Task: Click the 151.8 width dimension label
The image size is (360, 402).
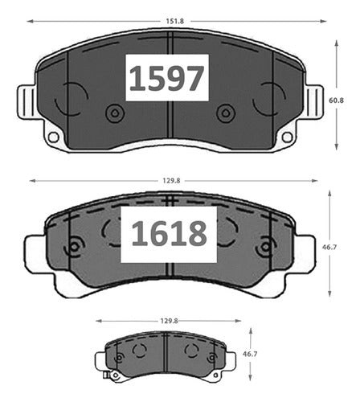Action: [x=175, y=21]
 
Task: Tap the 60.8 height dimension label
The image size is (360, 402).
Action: [x=336, y=100]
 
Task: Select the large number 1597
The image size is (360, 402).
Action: [x=166, y=78]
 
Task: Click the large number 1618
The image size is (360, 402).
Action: [x=169, y=234]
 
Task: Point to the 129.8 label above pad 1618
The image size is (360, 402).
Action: [x=172, y=181]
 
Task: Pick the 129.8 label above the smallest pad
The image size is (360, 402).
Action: [x=169, y=321]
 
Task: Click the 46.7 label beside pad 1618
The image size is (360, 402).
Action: [x=329, y=247]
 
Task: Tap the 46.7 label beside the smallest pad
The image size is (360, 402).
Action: [x=250, y=354]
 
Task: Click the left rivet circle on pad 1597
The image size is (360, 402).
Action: [x=115, y=113]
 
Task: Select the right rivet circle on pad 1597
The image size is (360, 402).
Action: [x=226, y=113]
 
